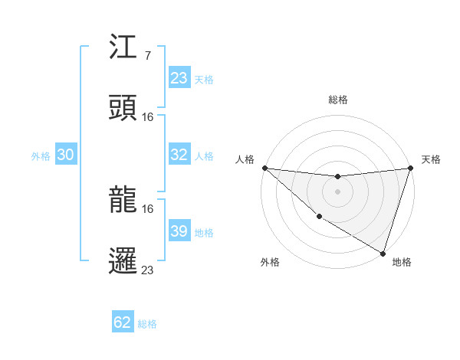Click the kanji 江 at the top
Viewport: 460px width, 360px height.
click(123, 50)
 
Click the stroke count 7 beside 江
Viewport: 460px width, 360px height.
click(147, 56)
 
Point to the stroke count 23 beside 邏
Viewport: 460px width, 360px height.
click(148, 269)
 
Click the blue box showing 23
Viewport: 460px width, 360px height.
click(179, 78)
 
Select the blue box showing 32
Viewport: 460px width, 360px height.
click(179, 155)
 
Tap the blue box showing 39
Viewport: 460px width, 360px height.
click(179, 231)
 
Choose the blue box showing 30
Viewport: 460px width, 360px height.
click(66, 155)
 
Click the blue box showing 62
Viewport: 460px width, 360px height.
click(123, 322)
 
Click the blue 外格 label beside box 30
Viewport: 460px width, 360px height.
click(41, 155)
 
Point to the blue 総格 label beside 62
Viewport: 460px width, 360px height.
click(147, 323)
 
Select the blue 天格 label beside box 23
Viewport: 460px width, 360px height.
click(204, 79)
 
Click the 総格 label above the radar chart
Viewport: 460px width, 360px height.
click(338, 100)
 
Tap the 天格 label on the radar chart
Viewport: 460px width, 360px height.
click(431, 159)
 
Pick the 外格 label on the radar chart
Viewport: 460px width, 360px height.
click(270, 262)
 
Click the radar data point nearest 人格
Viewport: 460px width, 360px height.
click(264, 168)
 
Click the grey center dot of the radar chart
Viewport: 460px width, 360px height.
click(337, 191)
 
